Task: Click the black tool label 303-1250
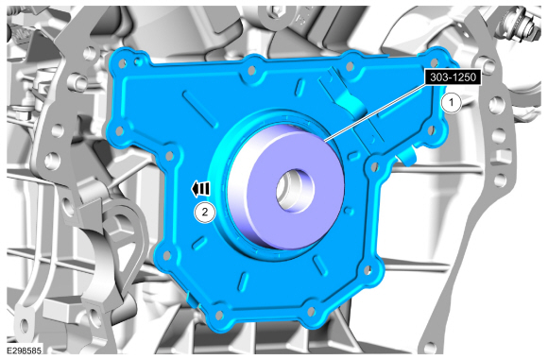point(453,77)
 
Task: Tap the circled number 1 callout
point(452,103)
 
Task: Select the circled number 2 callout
point(205,212)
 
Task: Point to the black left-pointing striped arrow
point(200,189)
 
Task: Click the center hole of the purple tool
point(296,191)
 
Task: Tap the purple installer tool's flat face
point(298,191)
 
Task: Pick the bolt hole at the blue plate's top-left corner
point(122,63)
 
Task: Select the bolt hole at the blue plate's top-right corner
point(435,62)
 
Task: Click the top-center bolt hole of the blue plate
point(251,71)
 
